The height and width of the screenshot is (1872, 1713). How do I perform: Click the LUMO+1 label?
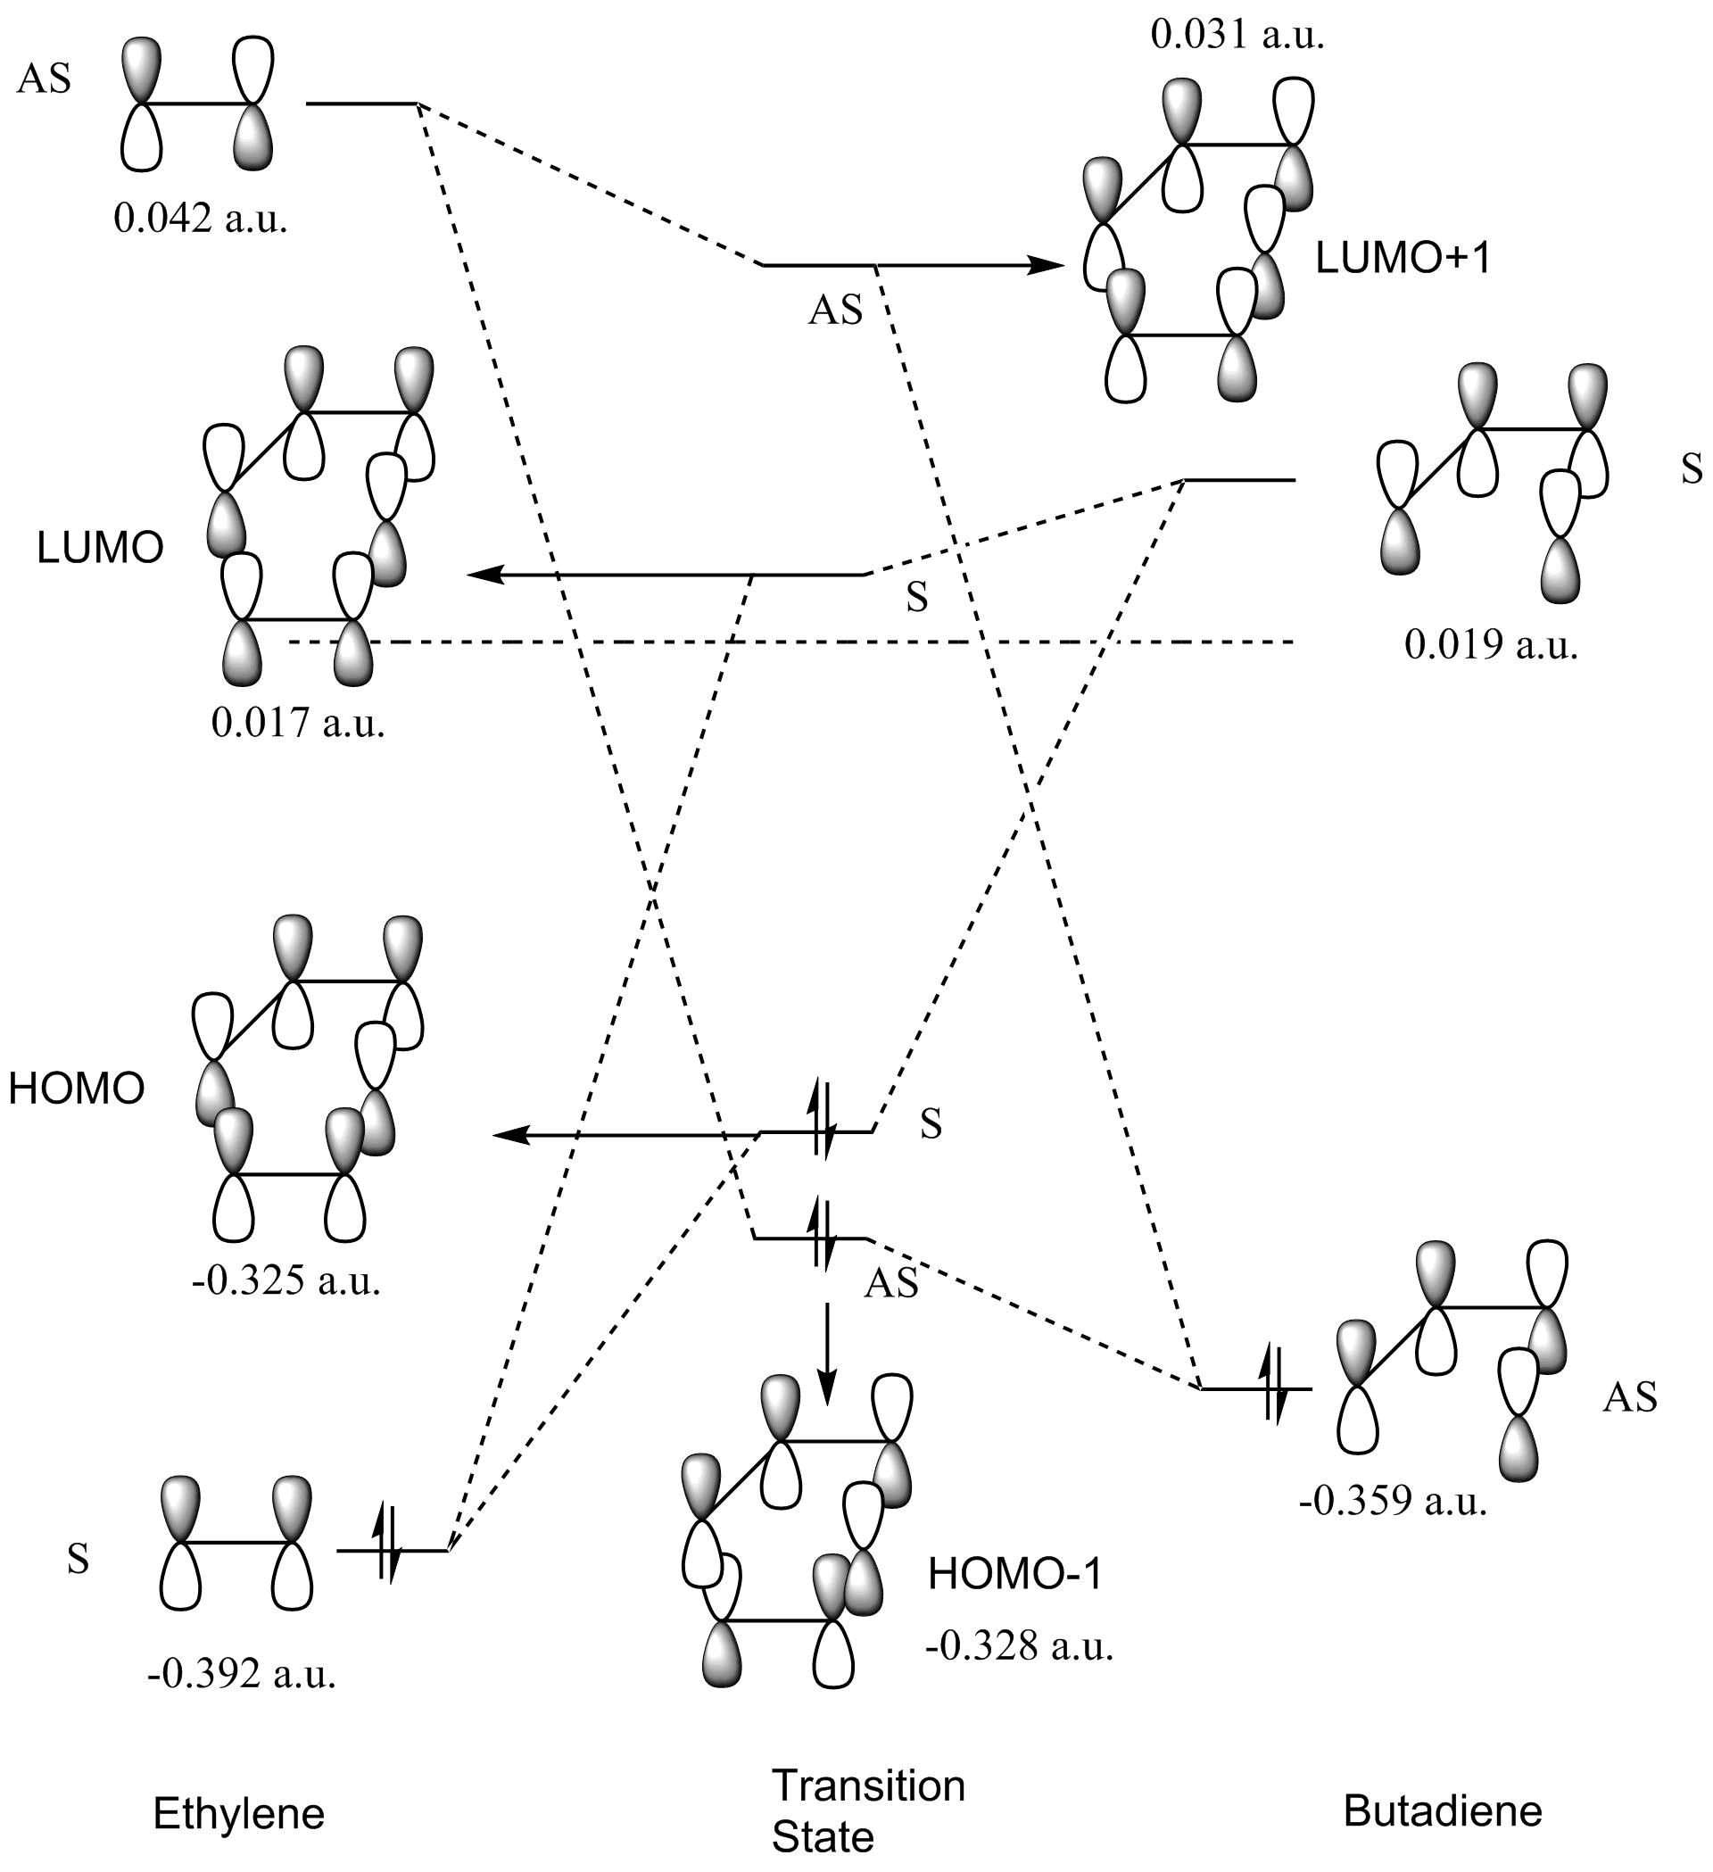coord(1403,258)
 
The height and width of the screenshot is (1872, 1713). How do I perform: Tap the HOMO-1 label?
coord(1014,1576)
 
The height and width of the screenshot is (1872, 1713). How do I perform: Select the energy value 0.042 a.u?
coord(201,220)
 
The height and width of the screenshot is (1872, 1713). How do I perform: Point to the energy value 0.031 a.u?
coord(1237,36)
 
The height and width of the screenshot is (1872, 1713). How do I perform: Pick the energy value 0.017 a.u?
coord(298,723)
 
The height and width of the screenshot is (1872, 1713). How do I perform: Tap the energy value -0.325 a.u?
coord(287,1281)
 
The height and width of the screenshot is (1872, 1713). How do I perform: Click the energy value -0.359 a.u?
coord(1393,1502)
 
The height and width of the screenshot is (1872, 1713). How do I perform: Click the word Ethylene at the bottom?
coord(238,1813)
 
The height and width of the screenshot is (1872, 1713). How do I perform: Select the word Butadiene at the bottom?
coord(1442,1810)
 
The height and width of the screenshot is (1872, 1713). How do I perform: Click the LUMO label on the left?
coord(100,549)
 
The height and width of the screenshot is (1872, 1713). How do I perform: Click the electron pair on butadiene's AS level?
coord(1273,1388)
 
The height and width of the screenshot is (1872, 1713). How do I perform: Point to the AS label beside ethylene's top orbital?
coord(44,79)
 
